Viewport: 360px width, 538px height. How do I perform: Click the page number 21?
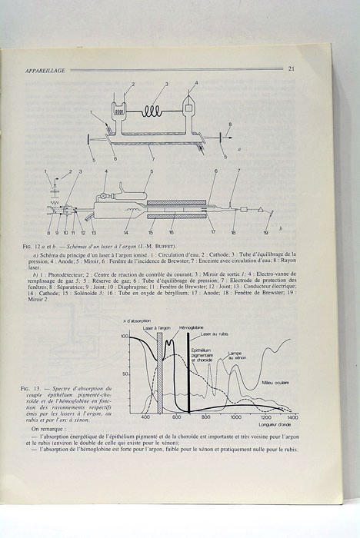pyautogui.click(x=292, y=69)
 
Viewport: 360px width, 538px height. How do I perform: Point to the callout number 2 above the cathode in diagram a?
pyautogui.click(x=133, y=84)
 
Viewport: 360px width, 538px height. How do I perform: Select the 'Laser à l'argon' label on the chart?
pyautogui.click(x=157, y=328)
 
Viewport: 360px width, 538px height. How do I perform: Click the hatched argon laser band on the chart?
pyautogui.click(x=159, y=377)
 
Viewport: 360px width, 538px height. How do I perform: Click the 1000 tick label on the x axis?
pyautogui.click(x=236, y=417)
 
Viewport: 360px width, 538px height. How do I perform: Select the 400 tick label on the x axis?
pyautogui.click(x=145, y=417)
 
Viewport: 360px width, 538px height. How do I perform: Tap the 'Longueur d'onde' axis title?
pyautogui.click(x=274, y=424)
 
